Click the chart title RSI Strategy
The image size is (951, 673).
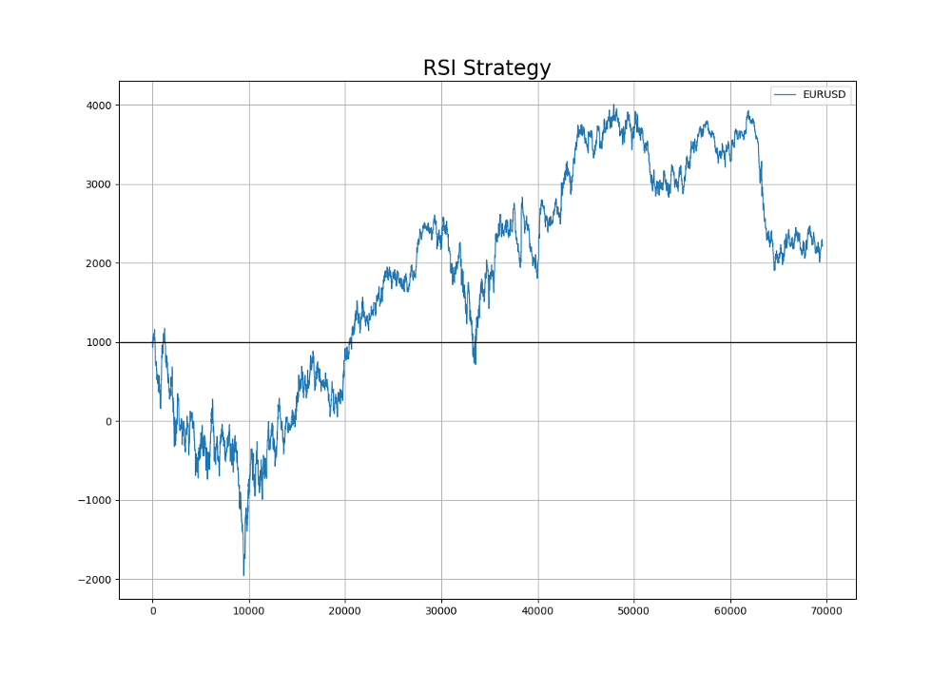point(487,68)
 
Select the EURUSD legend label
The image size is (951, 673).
point(824,95)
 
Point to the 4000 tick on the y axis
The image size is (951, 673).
point(100,106)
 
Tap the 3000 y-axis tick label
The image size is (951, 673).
point(100,184)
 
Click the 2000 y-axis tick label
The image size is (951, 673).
point(100,263)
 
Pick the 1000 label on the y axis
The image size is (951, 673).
point(100,342)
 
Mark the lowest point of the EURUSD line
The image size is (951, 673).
point(243,574)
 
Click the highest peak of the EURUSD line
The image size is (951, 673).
point(614,106)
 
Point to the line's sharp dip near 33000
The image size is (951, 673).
point(475,362)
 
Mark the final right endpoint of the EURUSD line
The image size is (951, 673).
point(823,242)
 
